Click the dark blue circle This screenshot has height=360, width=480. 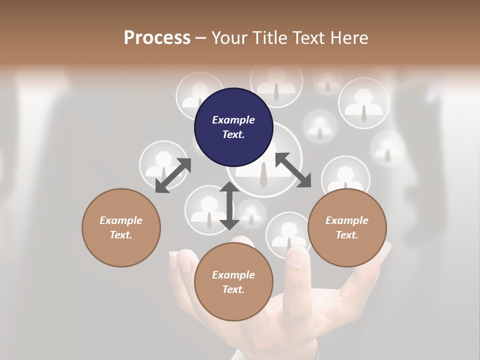pos(233,127)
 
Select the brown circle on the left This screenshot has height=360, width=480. pos(121,227)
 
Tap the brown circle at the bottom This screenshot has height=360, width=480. pos(233,282)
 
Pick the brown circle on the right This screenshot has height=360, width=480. pos(347,227)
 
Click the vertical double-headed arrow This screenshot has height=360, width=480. pos(229,205)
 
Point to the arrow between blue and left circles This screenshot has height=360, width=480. pos(173,175)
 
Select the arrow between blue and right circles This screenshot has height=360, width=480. pos(293,170)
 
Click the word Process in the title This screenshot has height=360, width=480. pos(157,37)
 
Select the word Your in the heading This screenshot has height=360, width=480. pos(229,37)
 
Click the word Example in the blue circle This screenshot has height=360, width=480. pos(233,120)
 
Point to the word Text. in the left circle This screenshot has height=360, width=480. pos(121,235)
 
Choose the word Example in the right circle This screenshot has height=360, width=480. pos(347,220)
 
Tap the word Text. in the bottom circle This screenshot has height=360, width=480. pos(233,289)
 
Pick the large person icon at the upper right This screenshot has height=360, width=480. pos(364,102)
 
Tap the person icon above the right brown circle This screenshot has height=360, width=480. pos(345,176)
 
